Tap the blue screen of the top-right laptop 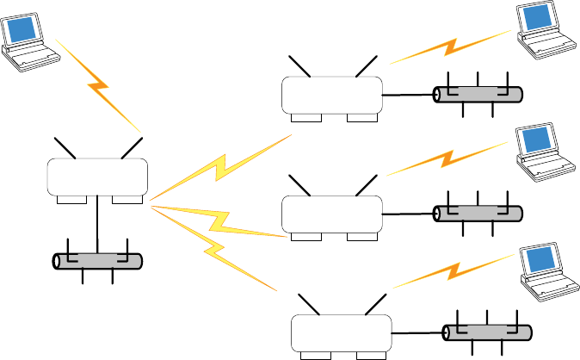(x=536, y=20)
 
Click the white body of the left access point (x=96, y=177)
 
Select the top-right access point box (x=332, y=94)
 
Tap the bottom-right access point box (x=341, y=332)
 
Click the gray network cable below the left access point (x=96, y=261)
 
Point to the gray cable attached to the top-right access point (x=478, y=95)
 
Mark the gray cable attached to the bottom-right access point (x=486, y=333)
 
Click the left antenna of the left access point (x=65, y=147)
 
